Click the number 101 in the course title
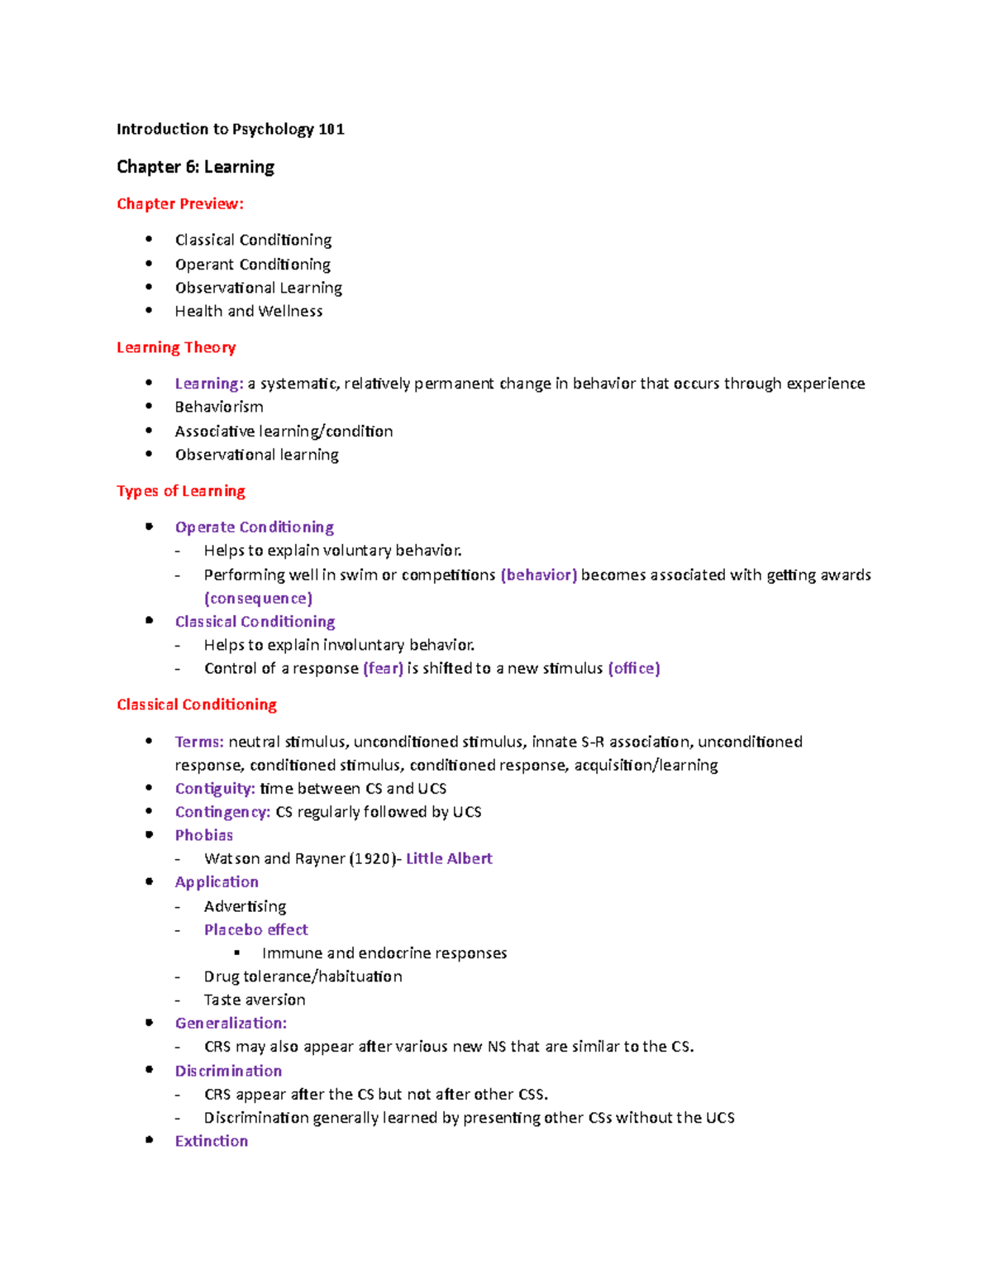point(331,129)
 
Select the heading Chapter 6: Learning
point(195,167)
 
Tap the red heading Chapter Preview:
point(180,204)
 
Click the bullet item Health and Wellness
point(248,312)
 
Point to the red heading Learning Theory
point(176,348)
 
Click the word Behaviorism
point(219,407)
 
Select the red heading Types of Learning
point(181,491)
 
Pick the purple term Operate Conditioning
point(254,527)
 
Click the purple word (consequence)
point(258,599)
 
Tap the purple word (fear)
point(383,669)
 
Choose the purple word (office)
point(633,669)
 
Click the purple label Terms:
point(199,742)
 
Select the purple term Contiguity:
point(214,789)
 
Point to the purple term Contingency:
point(222,813)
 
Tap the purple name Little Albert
point(449,859)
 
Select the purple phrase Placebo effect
point(255,930)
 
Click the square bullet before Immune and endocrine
point(237,953)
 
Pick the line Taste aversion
point(255,1000)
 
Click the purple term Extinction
point(211,1142)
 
